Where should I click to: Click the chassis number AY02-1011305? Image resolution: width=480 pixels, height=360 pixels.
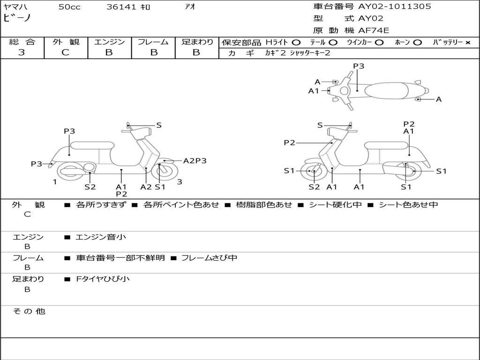click(394, 7)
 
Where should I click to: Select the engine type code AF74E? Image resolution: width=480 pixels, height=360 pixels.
click(374, 30)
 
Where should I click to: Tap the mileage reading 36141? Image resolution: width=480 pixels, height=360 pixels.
click(121, 7)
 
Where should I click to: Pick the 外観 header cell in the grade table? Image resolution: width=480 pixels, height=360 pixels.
click(66, 42)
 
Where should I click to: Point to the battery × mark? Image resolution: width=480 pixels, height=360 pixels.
click(468, 43)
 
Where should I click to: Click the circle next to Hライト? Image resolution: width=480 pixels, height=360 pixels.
click(296, 43)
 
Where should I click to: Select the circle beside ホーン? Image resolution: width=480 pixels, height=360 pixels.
click(417, 43)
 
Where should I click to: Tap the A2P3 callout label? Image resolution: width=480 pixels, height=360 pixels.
click(195, 161)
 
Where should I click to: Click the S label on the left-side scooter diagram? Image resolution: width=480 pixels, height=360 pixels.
click(158, 125)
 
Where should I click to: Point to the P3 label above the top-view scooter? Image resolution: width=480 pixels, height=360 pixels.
click(359, 66)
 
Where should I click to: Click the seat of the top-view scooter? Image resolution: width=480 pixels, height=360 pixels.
click(387, 90)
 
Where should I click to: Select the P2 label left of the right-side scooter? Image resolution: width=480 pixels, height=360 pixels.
click(289, 142)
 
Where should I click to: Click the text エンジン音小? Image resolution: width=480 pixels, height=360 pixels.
click(101, 237)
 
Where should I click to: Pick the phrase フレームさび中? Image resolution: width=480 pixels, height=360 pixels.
click(210, 258)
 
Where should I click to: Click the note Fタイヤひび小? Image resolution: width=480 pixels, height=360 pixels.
click(103, 279)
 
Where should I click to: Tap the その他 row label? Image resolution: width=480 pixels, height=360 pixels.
click(29, 311)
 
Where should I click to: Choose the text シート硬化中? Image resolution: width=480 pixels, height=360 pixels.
click(335, 204)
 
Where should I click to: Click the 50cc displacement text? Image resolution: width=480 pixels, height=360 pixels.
click(69, 7)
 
